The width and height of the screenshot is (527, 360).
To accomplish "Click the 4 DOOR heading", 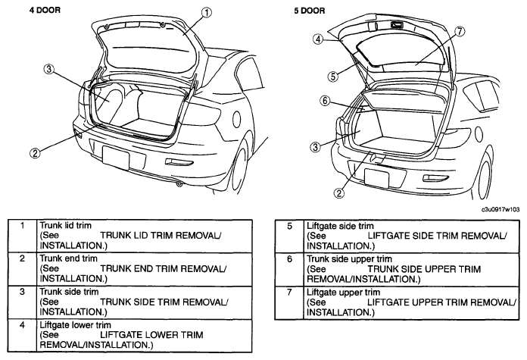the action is tap(45, 10).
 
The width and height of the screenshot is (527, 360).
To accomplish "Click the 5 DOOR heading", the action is tap(310, 11).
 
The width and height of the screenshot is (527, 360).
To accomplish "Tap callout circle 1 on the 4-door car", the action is tap(207, 13).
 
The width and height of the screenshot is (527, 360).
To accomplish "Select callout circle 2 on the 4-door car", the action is tap(35, 153).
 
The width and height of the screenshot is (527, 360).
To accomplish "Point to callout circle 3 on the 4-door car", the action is tap(48, 69).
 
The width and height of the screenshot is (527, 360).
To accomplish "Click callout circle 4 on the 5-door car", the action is tap(318, 39).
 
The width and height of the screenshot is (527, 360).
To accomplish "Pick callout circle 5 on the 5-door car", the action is tap(332, 77).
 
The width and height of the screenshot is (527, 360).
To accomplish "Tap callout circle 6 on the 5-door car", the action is tap(325, 101).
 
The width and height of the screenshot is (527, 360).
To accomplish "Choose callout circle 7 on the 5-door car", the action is tap(460, 32).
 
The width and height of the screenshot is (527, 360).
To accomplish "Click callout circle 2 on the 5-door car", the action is tap(338, 193).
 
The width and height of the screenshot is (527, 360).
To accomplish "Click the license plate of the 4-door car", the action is tap(116, 157).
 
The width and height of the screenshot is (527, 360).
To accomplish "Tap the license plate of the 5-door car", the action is tap(377, 178).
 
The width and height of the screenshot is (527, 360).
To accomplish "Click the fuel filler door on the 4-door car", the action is tap(236, 119).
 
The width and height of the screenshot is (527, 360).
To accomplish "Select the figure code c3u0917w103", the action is tap(500, 209).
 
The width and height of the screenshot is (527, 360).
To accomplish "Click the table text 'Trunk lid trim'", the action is tap(66, 225).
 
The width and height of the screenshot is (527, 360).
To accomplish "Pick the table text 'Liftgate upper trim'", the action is tap(343, 292).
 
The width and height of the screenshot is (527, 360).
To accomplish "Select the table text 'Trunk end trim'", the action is tap(69, 258).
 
